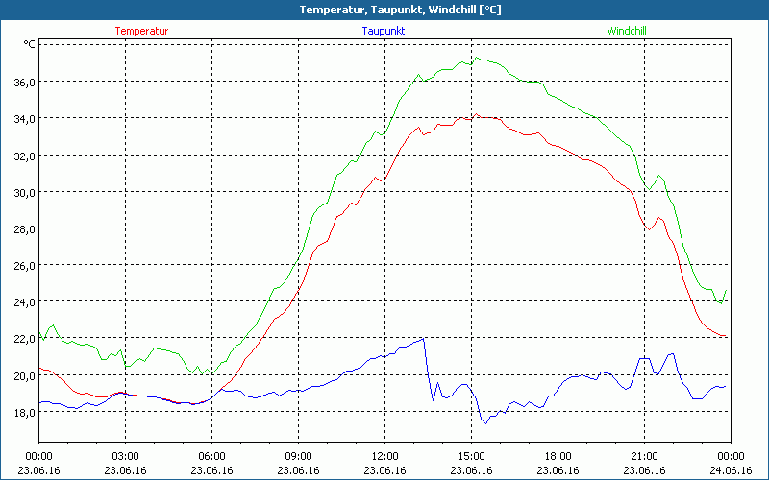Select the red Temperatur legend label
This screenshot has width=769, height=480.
click(141, 31)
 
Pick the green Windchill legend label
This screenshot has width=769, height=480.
click(627, 31)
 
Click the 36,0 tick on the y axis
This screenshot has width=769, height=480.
click(24, 82)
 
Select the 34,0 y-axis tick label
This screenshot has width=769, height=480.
click(24, 118)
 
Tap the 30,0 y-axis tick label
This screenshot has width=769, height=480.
click(24, 192)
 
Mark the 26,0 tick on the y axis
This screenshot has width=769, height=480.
click(24, 265)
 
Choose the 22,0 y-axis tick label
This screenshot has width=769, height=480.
click(24, 338)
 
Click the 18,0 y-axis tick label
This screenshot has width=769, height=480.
click(24, 412)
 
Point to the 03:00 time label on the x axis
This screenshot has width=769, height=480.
click(125, 456)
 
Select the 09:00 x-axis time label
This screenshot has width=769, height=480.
click(298, 456)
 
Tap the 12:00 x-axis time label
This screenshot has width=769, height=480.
click(384, 456)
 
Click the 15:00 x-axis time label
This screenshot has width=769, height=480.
click(471, 456)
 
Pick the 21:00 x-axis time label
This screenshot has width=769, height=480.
click(644, 456)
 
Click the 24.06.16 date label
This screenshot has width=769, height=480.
click(730, 469)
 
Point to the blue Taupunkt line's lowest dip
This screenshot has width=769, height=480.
click(485, 422)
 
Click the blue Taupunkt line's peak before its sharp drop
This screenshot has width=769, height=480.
click(424, 338)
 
